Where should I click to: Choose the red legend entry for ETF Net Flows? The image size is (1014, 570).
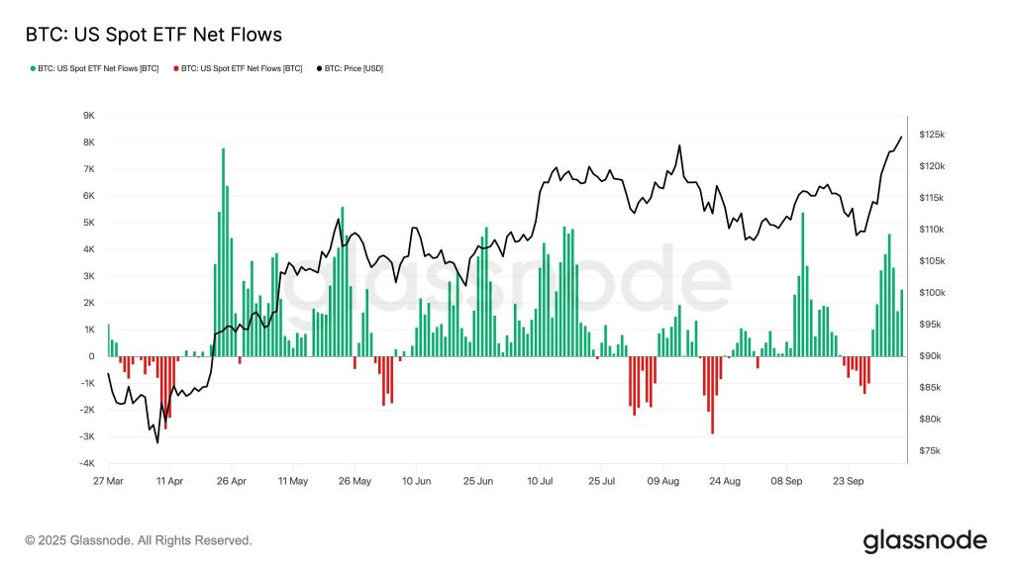(238, 68)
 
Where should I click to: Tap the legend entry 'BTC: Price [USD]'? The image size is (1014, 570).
(353, 68)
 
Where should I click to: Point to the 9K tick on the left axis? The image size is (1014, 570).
(87, 116)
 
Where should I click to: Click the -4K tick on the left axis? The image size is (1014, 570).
(86, 464)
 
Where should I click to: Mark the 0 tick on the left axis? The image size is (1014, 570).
(91, 356)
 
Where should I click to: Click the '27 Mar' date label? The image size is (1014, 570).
(108, 481)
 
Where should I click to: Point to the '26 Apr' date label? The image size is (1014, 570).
(231, 481)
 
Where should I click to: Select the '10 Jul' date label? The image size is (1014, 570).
(540, 481)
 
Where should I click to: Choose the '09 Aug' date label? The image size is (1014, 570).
(662, 481)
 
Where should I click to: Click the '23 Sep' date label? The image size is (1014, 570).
(848, 481)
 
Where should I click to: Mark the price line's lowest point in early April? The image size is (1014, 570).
(157, 442)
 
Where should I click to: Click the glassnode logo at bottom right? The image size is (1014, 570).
(925, 540)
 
